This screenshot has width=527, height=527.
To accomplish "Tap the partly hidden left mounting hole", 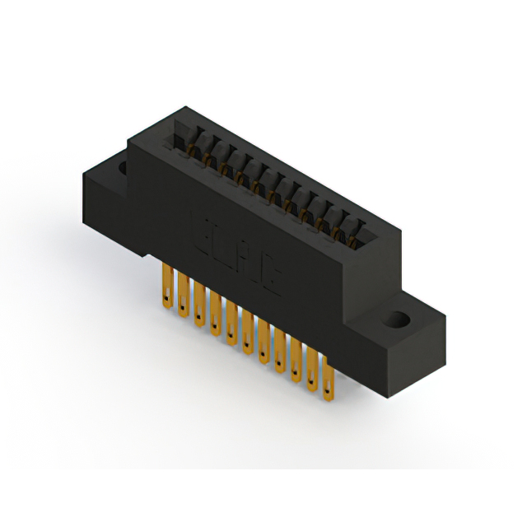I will tap(123, 169).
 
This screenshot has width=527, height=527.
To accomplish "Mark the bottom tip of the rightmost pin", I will tap(329, 402).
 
